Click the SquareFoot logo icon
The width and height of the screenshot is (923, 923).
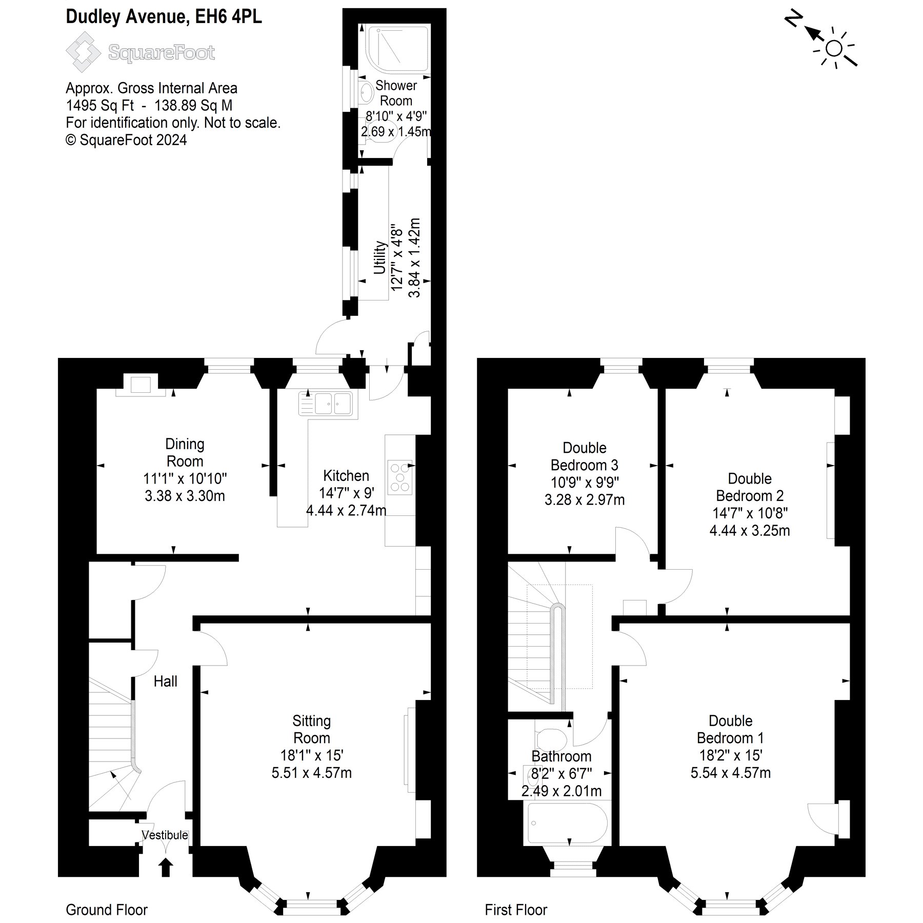tap(83, 52)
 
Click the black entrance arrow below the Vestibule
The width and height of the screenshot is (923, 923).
tap(166, 868)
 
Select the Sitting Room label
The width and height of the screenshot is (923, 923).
tap(311, 729)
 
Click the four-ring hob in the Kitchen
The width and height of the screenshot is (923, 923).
tap(399, 477)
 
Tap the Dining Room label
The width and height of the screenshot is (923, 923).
tap(185, 452)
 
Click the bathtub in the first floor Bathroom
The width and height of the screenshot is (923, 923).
tap(567, 824)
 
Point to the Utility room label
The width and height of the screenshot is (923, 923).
tap(379, 257)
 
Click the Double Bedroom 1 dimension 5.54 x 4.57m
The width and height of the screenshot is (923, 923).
tap(730, 773)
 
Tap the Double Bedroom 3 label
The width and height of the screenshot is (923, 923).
tap(584, 456)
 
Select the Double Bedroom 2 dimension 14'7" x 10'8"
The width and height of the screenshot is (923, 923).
tap(750, 513)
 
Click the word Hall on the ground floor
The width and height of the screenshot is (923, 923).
tap(166, 681)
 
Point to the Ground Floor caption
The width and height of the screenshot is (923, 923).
tap(107, 910)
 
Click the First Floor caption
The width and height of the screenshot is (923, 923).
tap(516, 910)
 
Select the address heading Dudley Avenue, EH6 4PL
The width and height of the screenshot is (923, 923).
tap(164, 17)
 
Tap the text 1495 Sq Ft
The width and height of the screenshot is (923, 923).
tap(100, 106)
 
